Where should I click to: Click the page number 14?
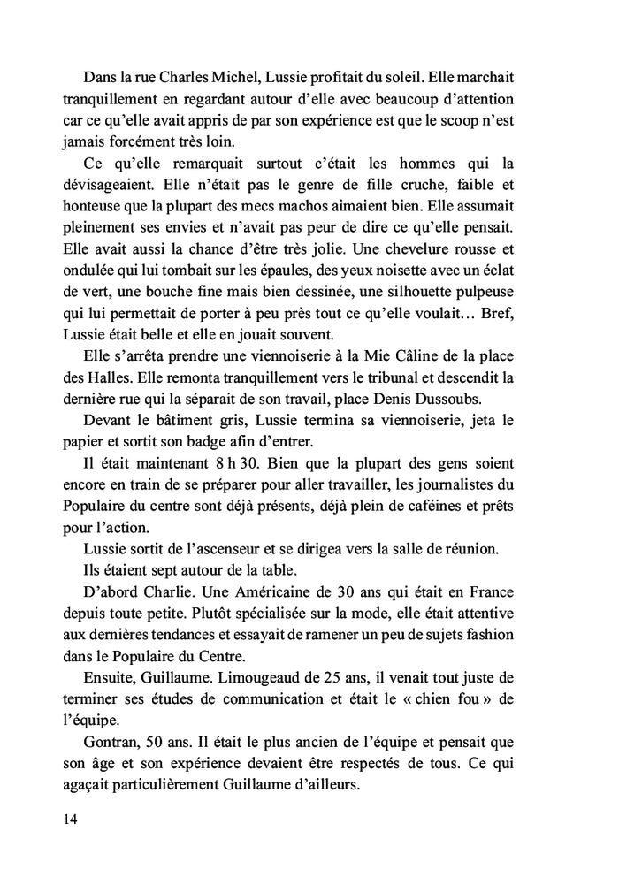click(x=71, y=819)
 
